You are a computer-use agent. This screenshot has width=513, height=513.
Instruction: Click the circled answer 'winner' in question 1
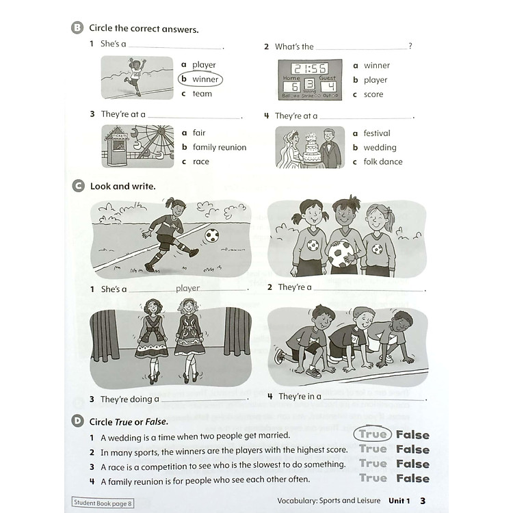(205, 79)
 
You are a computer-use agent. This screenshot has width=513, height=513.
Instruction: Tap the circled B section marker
(77, 28)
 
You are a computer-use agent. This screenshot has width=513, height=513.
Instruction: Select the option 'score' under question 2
(373, 94)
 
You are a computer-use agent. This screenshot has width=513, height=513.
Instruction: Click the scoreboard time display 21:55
(309, 68)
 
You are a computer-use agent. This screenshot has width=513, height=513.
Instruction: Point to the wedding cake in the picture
(312, 147)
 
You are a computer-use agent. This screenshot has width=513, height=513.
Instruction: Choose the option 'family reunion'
(219, 147)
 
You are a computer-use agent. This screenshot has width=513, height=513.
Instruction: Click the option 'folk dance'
(382, 161)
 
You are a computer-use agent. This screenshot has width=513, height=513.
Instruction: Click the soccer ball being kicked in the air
(212, 235)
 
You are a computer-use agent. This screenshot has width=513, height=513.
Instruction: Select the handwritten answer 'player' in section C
(188, 288)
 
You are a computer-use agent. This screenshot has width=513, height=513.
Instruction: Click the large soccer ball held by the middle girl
(341, 254)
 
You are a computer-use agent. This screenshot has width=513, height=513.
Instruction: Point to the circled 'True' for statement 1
(373, 434)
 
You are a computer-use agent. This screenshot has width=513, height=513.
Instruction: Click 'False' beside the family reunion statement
(412, 479)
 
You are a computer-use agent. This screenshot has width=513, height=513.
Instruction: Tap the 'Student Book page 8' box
(103, 502)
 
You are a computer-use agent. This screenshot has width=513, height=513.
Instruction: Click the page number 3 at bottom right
(423, 501)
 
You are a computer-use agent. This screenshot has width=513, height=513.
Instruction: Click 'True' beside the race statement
(373, 464)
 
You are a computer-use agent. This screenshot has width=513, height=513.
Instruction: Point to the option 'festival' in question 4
(377, 133)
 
